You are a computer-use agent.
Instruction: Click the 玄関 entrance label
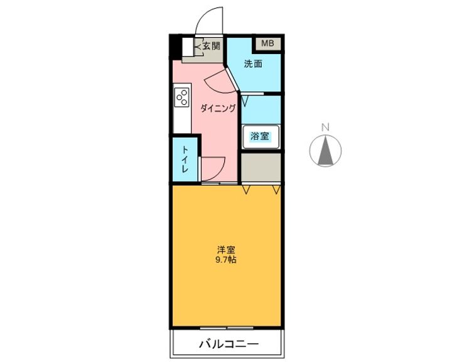pos(212,45)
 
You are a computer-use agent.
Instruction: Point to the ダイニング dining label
pos(218,108)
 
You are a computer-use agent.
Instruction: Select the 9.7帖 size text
pos(227,260)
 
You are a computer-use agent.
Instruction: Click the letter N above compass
pos(325,127)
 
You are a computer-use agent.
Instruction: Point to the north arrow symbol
pos(325,151)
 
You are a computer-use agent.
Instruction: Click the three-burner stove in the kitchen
pos(182,98)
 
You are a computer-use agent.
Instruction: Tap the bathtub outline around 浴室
pos(261,136)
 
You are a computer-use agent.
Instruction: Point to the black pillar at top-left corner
pos(174,47)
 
